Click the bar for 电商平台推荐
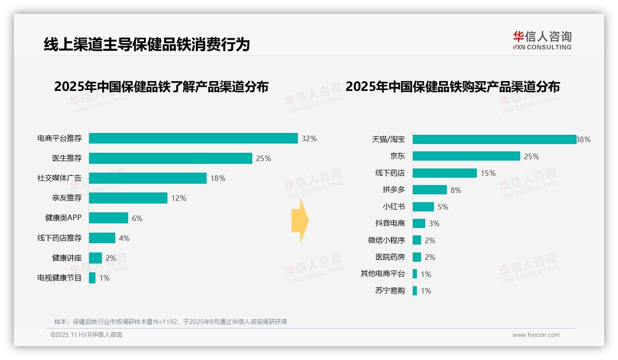[193, 138]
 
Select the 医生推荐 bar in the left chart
[171, 158]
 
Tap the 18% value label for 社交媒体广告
[218, 178]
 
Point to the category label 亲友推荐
[67, 198]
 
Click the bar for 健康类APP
[108, 218]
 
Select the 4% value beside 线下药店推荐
[124, 238]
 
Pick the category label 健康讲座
[67, 258]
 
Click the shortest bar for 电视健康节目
[92, 278]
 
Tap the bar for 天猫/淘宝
[494, 139]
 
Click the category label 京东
[397, 156]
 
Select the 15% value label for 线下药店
[488, 173]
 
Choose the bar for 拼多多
[429, 190]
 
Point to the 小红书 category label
[394, 207]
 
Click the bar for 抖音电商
[419, 223]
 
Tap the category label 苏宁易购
[390, 291]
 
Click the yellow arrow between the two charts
[300, 221]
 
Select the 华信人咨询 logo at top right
[542, 40]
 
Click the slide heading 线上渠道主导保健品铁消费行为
[147, 44]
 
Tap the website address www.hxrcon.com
[536, 335]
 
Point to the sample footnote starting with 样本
[171, 322]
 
